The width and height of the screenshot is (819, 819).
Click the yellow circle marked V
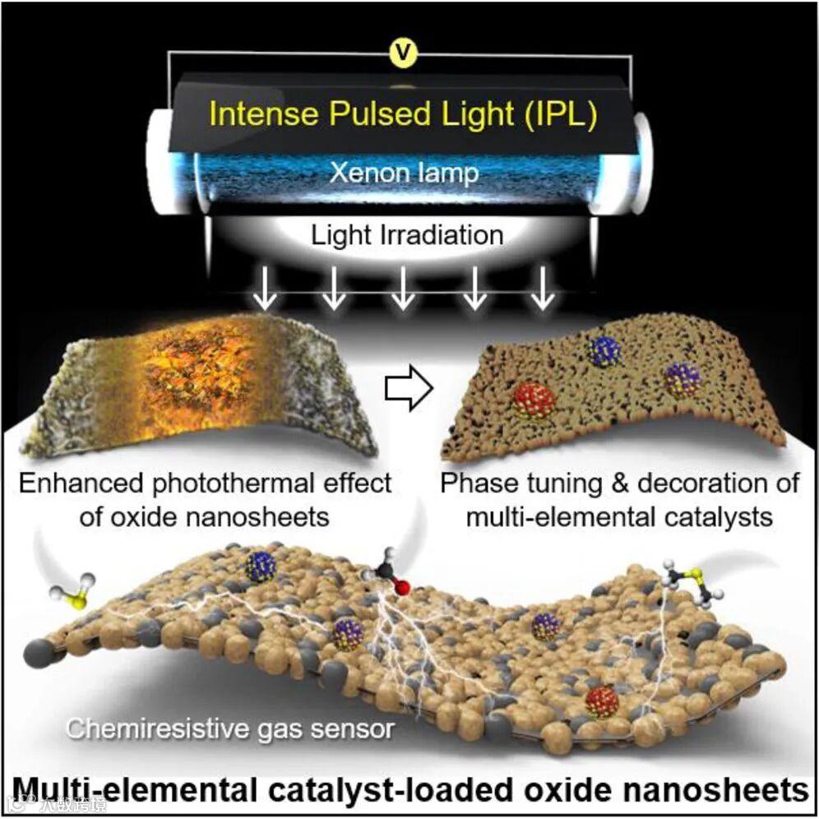[401, 55]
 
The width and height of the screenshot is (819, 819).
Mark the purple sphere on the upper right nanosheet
[682, 380]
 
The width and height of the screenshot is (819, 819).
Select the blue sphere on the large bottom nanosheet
[261, 567]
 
